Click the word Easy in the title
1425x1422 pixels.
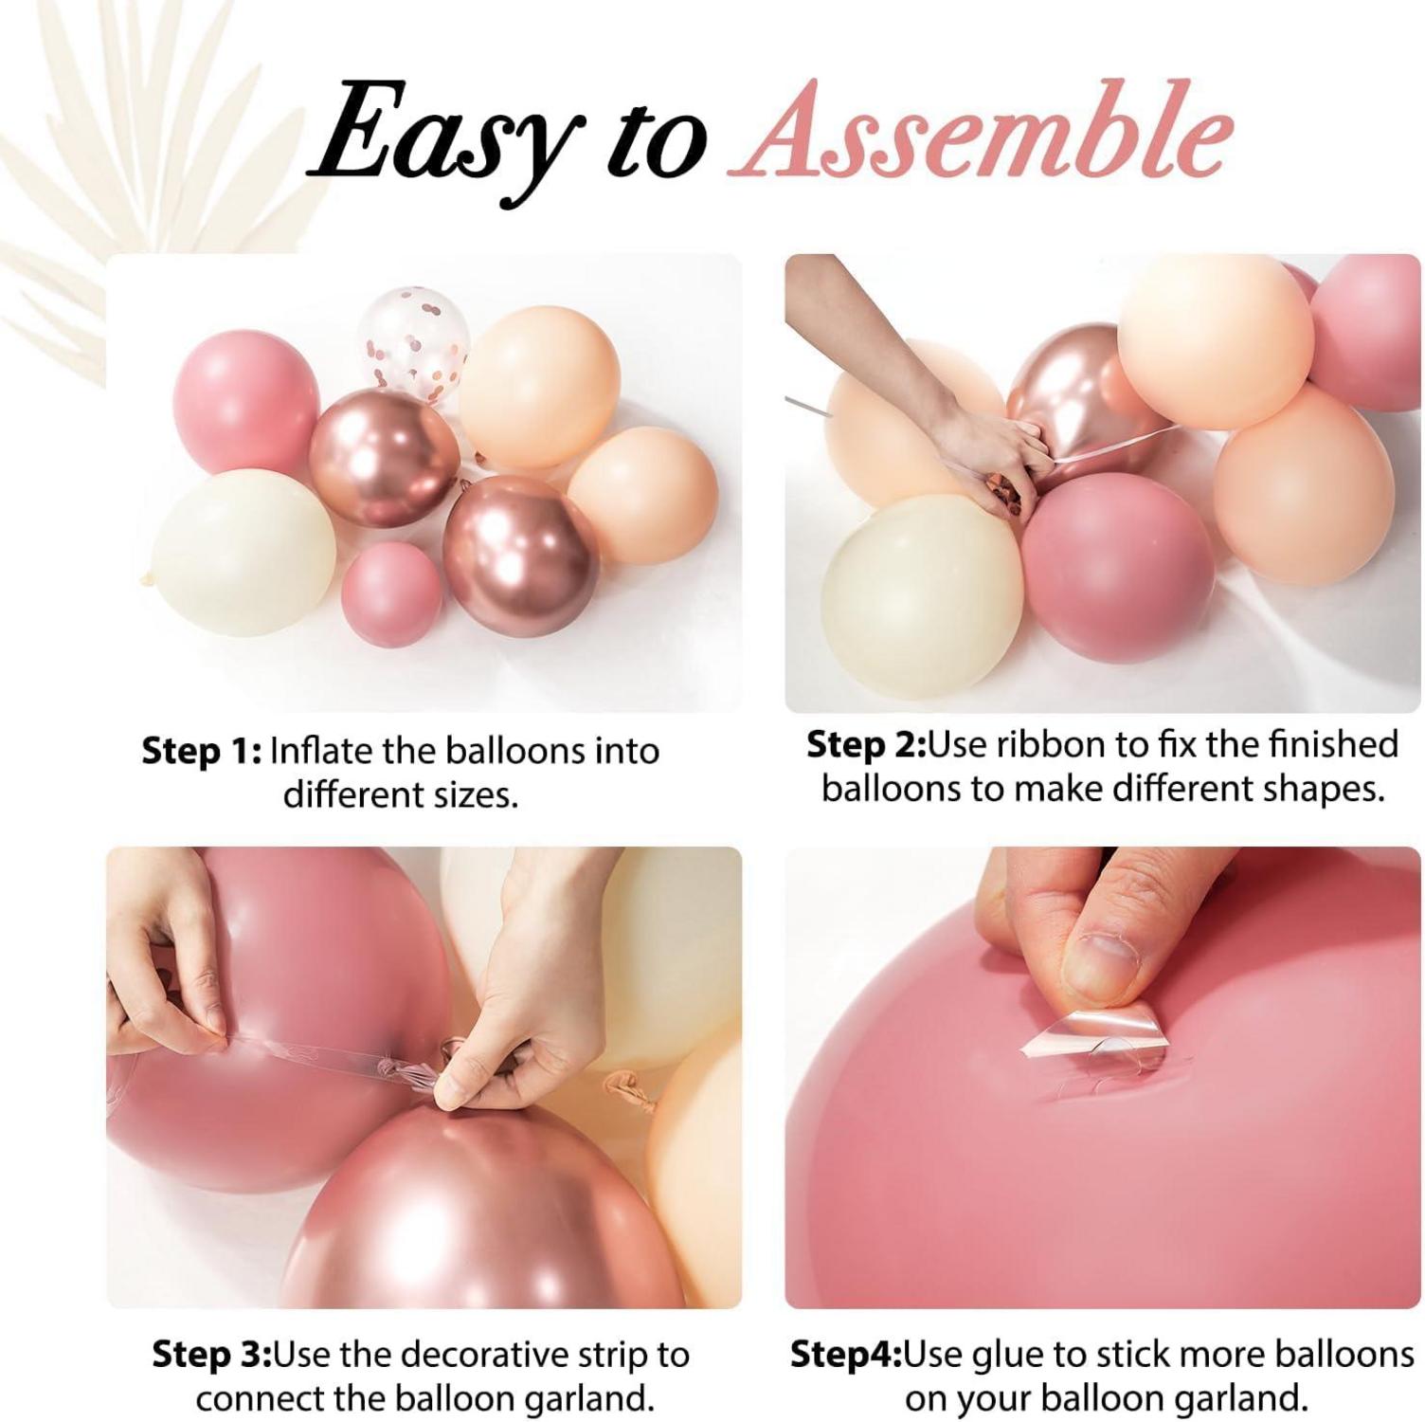442,139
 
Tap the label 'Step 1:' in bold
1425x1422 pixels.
202,751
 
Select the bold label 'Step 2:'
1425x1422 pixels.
866,744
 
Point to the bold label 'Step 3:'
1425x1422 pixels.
212,1355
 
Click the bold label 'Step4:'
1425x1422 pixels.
846,1355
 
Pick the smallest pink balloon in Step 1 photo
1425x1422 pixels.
391,594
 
